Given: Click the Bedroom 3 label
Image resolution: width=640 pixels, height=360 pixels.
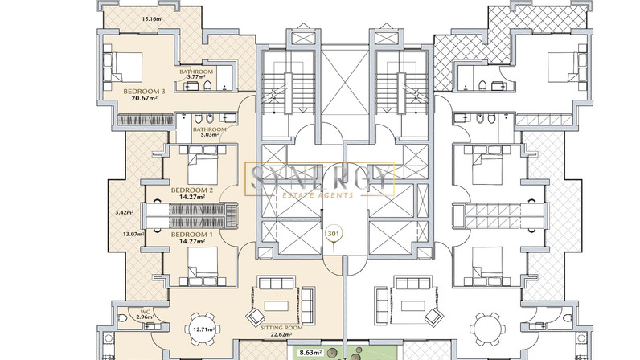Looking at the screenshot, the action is (x=144, y=92).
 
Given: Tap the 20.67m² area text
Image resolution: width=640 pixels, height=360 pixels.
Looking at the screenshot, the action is (x=144, y=98).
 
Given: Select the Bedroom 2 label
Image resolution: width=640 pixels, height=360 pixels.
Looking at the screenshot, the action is (x=192, y=190).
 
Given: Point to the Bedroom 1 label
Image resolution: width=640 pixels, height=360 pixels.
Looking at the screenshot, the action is (x=192, y=235).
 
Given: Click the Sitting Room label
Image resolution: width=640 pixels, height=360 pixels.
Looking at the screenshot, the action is (x=281, y=328).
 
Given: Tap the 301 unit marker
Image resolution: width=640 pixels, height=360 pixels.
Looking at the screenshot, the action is (x=334, y=235).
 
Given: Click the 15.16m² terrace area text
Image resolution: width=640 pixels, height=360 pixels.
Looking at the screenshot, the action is (x=151, y=18).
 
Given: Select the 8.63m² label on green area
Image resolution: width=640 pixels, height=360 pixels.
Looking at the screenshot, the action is (x=310, y=352).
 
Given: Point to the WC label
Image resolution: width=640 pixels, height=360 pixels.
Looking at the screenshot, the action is (x=146, y=312).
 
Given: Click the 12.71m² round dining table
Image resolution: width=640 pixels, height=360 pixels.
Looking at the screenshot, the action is (x=202, y=329).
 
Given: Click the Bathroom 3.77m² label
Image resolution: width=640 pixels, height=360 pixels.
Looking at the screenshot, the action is (x=196, y=74).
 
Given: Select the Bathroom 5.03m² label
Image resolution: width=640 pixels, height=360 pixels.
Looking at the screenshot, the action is (x=209, y=132).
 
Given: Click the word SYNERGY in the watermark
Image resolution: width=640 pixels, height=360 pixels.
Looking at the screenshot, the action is (x=319, y=178).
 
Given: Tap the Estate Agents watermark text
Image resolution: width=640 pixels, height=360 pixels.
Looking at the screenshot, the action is (x=318, y=195).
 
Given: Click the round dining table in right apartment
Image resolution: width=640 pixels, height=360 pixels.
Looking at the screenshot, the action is (x=487, y=329).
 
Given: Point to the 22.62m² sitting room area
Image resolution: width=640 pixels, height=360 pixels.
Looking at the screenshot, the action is (x=281, y=334).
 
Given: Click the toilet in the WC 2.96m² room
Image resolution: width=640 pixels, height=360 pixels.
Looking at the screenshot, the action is (x=122, y=318).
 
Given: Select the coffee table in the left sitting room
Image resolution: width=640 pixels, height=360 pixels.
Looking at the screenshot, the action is (x=277, y=305).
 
